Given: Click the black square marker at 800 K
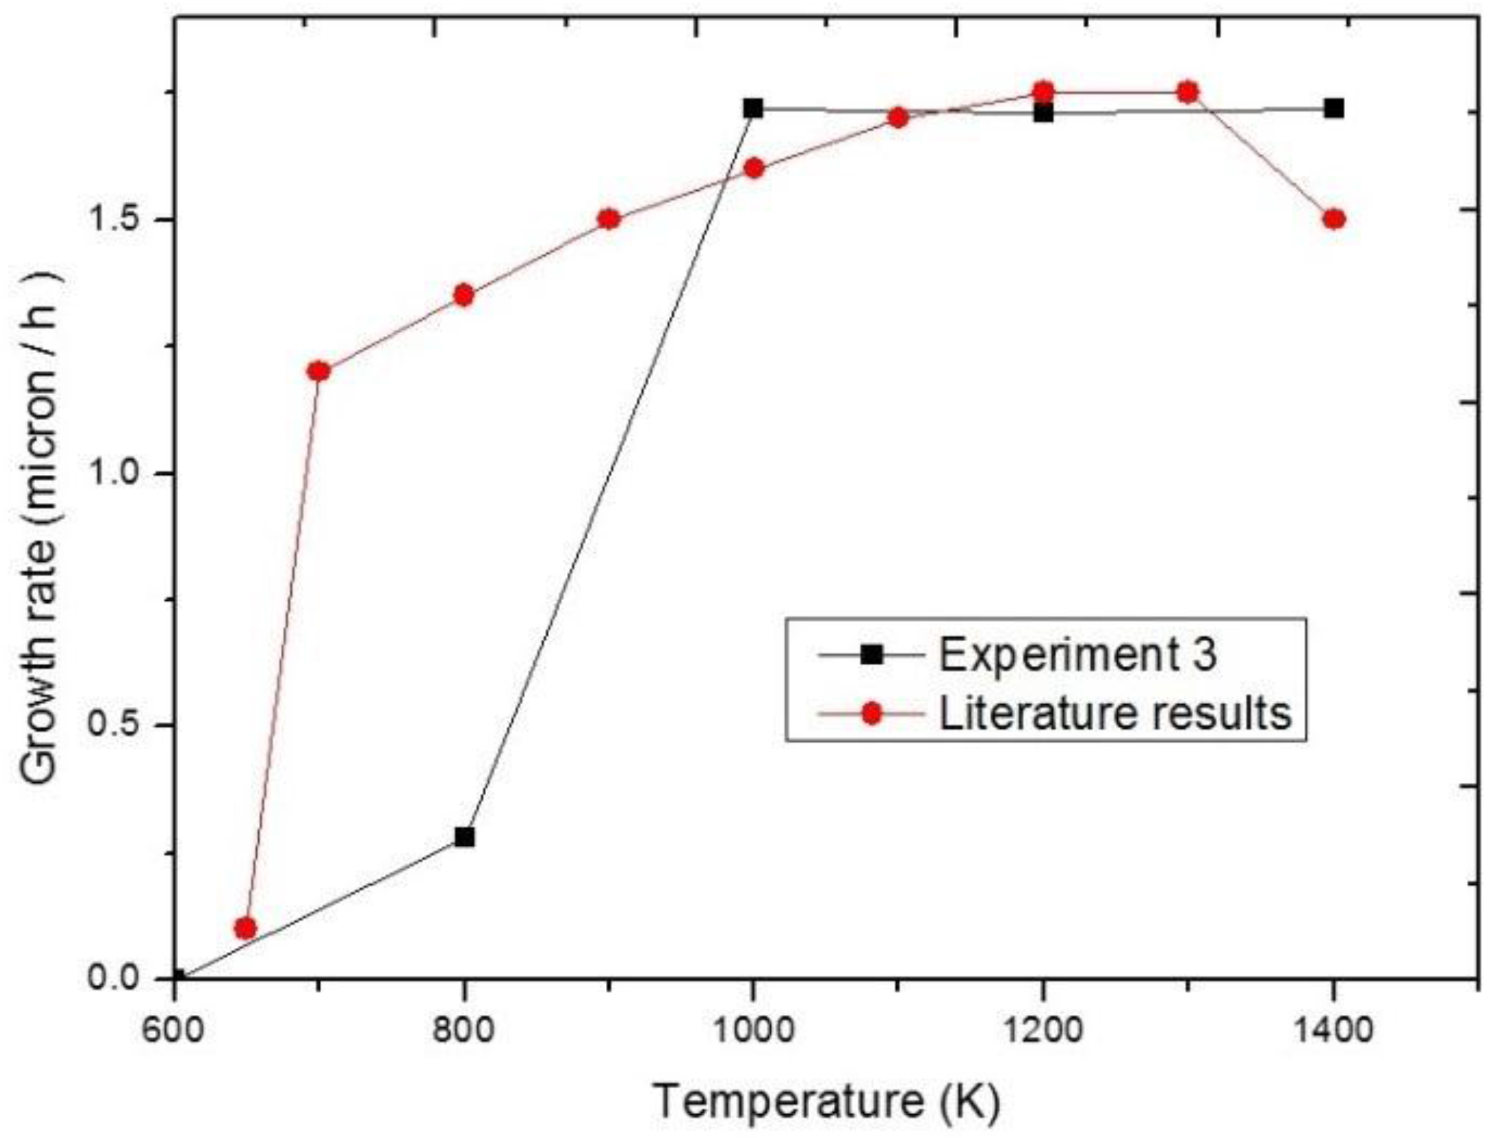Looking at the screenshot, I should tap(464, 837).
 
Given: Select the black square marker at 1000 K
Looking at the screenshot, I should tap(753, 109).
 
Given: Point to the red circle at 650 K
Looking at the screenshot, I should tap(246, 928).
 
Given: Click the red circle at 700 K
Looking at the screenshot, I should tap(319, 371).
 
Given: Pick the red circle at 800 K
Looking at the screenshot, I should tap(464, 295).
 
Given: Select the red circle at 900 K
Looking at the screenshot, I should tap(609, 219).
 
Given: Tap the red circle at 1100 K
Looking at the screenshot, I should tap(898, 118).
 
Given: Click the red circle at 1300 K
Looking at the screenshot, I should tap(1187, 92).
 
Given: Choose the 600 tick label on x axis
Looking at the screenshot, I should tap(175, 1032).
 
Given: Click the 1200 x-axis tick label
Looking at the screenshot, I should tap(1043, 1032).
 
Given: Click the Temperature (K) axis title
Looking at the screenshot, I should tap(826, 1102).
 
